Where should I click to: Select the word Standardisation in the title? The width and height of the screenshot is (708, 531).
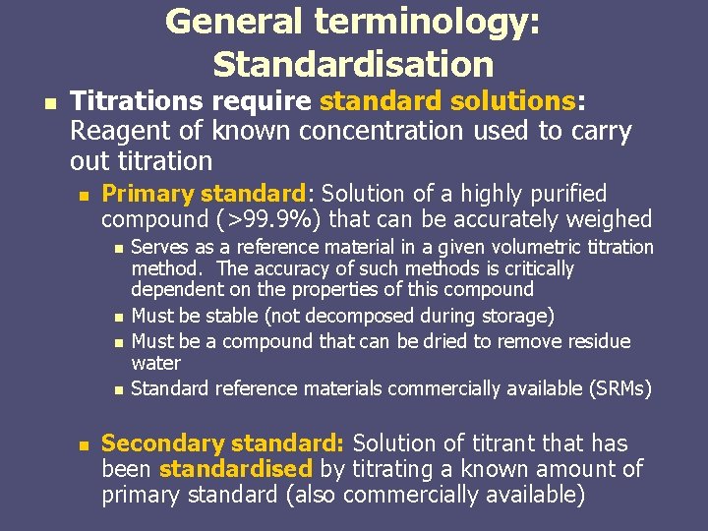353,64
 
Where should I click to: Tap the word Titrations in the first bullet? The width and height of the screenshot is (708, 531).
139,101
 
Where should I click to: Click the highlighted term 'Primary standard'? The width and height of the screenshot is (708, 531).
205,194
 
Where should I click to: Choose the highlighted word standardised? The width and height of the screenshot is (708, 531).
235,469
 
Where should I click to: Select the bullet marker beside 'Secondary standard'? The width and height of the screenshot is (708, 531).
83,445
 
